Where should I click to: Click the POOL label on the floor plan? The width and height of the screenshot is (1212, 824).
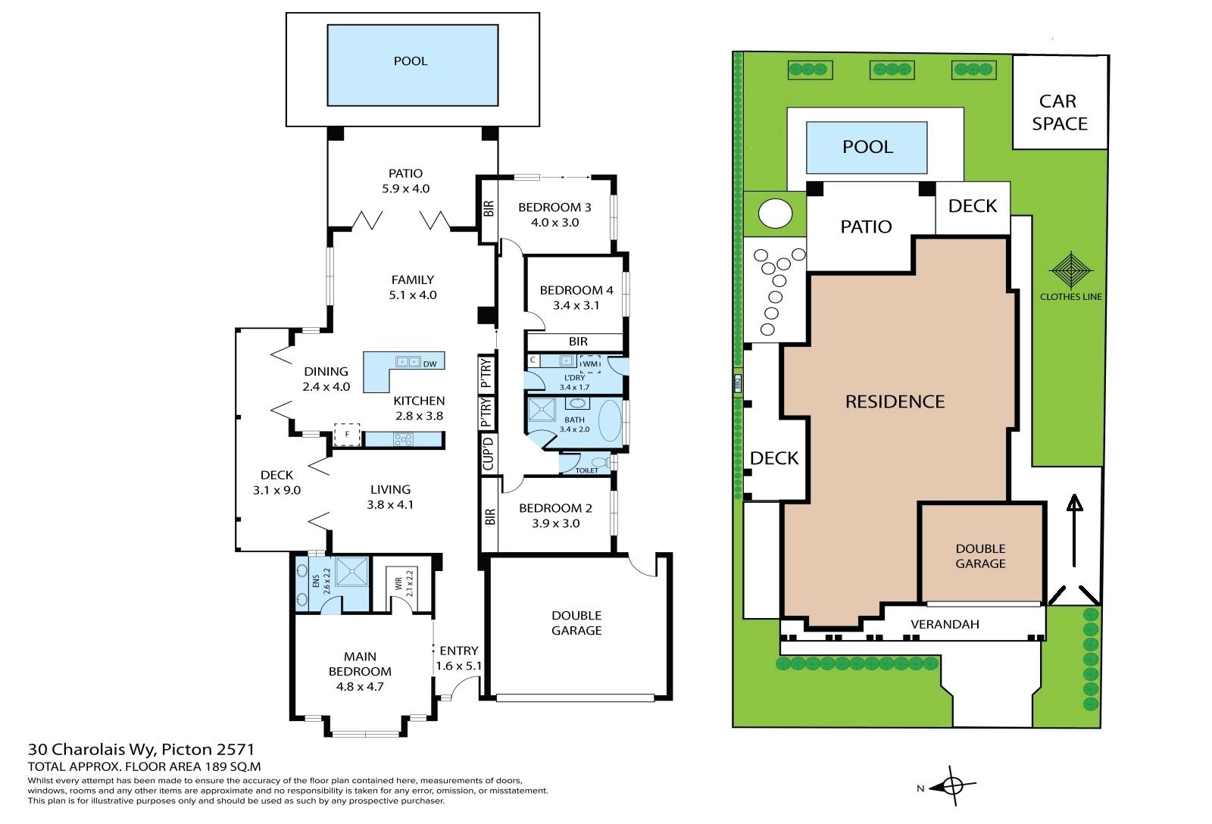point(410,61)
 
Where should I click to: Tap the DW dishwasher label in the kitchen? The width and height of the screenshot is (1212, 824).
point(430,364)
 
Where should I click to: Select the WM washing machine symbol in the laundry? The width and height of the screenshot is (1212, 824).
point(590,364)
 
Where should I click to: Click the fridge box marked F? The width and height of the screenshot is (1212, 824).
point(347,435)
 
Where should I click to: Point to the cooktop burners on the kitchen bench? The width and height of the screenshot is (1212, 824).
point(403,439)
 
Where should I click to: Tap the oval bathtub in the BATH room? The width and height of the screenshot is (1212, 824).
point(610,422)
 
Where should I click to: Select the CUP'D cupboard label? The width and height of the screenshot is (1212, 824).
point(488,454)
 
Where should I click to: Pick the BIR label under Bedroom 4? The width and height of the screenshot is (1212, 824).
point(578,342)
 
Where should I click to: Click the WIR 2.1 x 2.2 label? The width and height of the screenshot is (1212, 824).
point(404,583)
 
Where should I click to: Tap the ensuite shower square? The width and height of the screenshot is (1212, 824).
point(352,571)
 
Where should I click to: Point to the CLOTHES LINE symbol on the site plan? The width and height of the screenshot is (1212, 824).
point(1071,270)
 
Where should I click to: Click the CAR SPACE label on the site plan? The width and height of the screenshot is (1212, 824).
point(1059,113)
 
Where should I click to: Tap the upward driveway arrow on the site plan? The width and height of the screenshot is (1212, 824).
point(1074,531)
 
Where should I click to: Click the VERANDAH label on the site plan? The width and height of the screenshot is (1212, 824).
point(945,624)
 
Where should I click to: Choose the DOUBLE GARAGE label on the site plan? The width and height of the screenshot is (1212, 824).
point(980,556)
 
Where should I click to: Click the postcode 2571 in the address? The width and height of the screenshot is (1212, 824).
point(236,749)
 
